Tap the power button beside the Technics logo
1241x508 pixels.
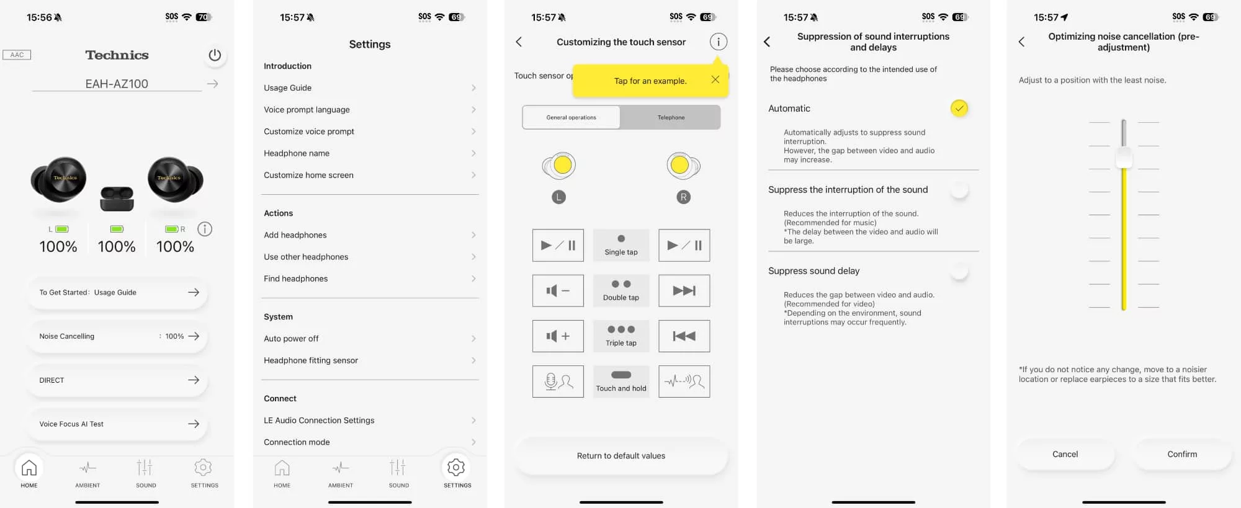(215, 55)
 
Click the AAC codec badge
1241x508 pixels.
(17, 55)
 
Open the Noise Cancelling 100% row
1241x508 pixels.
(117, 336)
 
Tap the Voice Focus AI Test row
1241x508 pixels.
(117, 424)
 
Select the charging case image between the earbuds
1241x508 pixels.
(117, 198)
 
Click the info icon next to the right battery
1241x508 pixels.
(205, 229)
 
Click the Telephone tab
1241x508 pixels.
(671, 117)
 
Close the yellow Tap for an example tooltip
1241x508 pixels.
(715, 79)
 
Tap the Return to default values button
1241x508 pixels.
(621, 456)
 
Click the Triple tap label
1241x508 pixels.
(621, 343)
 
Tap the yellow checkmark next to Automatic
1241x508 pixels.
(959, 109)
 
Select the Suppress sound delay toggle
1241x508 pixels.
(959, 271)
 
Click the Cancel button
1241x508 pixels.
(1065, 454)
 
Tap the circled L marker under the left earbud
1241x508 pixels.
(558, 197)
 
